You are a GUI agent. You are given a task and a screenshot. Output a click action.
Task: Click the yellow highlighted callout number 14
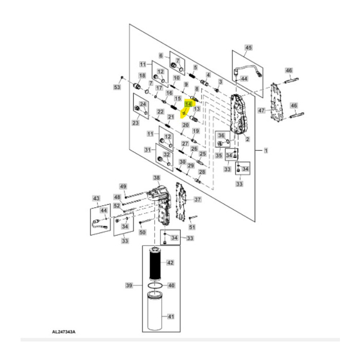pos(188,104)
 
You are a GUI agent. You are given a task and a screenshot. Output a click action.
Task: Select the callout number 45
pos(248,48)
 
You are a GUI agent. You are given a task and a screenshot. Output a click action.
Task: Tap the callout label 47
pos(261,111)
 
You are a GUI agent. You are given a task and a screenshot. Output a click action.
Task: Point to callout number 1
pos(266,150)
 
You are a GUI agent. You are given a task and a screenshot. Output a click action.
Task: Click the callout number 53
pos(117,88)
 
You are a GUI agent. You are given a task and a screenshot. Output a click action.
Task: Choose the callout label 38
pos(156,177)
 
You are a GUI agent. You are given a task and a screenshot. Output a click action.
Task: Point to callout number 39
pos(129,285)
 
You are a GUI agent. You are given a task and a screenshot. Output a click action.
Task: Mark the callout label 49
pos(123,186)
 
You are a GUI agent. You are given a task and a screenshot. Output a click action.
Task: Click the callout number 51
pos(192,227)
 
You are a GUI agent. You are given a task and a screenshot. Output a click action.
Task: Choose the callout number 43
pos(96,198)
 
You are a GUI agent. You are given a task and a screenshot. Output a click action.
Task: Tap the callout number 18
pos(136,75)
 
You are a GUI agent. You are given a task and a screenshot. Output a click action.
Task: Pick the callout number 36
pos(221,135)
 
